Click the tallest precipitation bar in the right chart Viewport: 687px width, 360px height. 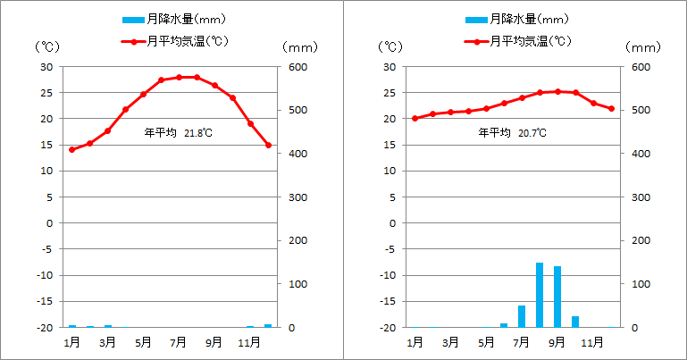[x=540, y=295]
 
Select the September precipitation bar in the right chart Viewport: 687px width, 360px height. [x=557, y=297]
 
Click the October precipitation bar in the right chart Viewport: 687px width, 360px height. [x=575, y=322]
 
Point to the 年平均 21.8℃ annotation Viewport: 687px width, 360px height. [x=179, y=133]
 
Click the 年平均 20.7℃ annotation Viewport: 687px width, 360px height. [x=513, y=132]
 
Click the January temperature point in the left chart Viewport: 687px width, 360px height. [x=72, y=149]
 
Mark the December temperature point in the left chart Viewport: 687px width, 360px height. [x=268, y=145]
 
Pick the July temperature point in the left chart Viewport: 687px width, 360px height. [x=179, y=77]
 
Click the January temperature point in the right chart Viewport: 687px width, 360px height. [x=415, y=118]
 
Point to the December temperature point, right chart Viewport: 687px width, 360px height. [x=611, y=109]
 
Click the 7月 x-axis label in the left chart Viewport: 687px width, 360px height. [x=179, y=341]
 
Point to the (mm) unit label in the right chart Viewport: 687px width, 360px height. [x=642, y=46]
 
